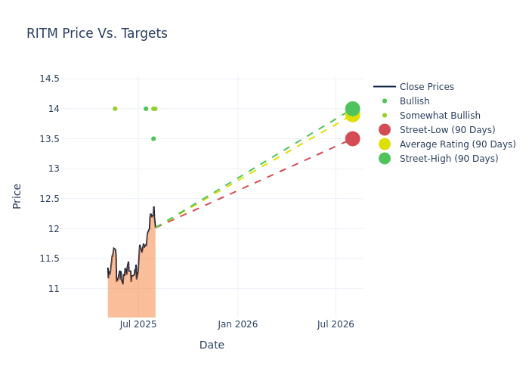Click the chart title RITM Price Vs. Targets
[x=97, y=34]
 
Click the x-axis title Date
[x=212, y=345]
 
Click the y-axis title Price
[x=17, y=196]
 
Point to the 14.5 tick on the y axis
[x=49, y=79]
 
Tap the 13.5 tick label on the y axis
[x=49, y=139]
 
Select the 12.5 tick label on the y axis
[x=49, y=199]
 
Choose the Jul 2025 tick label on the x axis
[x=138, y=324]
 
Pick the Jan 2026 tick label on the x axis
[x=237, y=324]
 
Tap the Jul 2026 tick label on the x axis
[x=336, y=324]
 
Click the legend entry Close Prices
[x=426, y=87]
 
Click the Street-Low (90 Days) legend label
[x=447, y=130]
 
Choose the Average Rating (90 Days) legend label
[x=457, y=144]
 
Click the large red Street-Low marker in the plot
[x=352, y=139]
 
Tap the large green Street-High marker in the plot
[x=352, y=109]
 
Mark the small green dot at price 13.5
[x=153, y=139]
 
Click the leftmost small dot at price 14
[x=115, y=109]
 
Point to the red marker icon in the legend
[x=385, y=130]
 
